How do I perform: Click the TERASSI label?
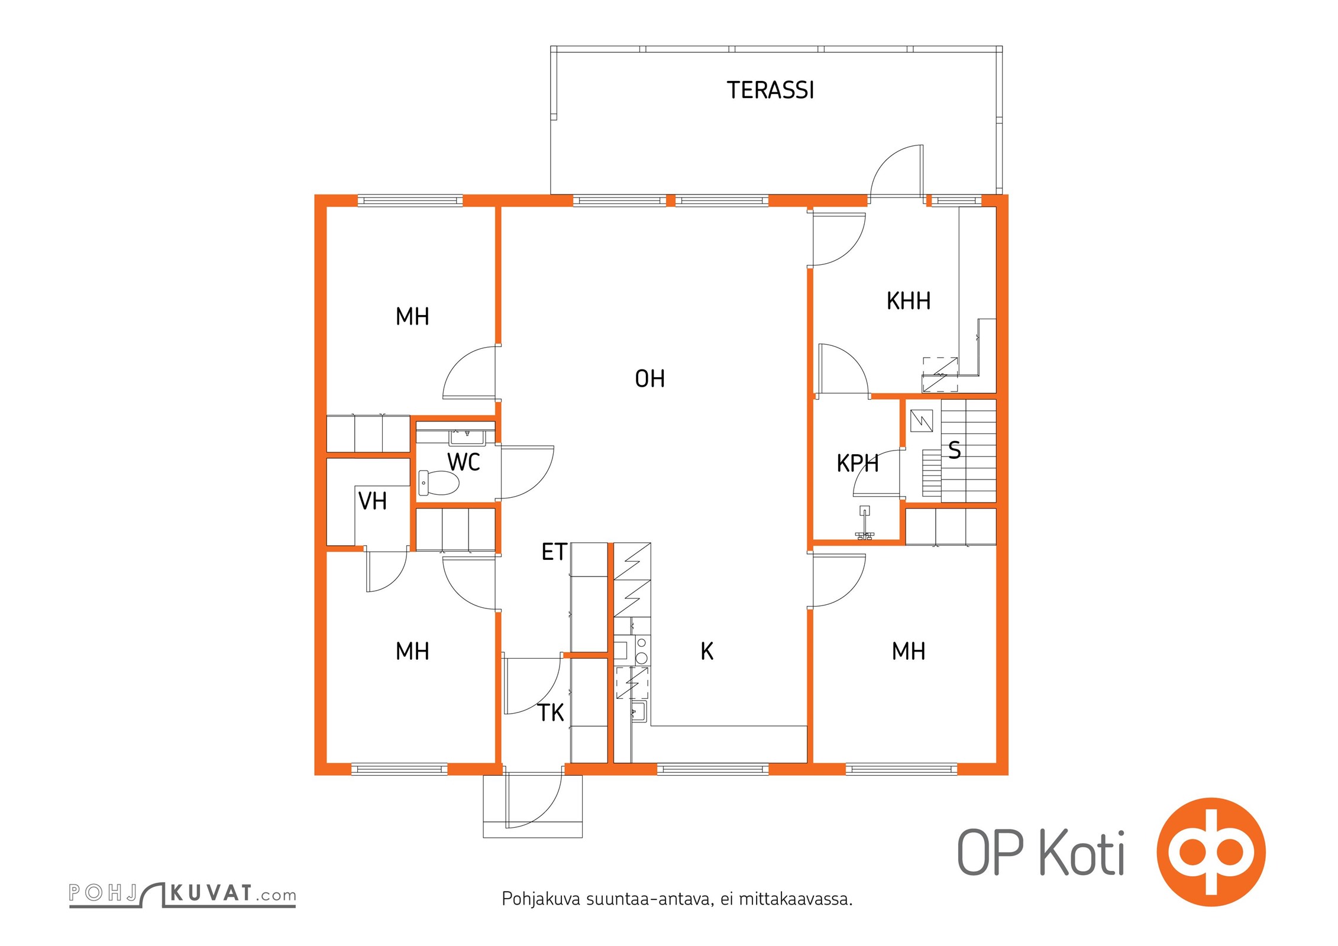(x=770, y=90)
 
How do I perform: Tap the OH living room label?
(x=649, y=379)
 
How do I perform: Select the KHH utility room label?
(x=909, y=302)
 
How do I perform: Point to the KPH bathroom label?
(x=858, y=464)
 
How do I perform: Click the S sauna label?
(x=954, y=451)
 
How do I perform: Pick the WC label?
(x=463, y=462)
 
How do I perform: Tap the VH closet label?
(x=373, y=501)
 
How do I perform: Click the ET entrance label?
(x=554, y=552)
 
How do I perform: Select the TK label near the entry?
(x=551, y=713)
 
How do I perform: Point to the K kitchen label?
(x=707, y=652)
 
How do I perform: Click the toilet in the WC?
(x=438, y=483)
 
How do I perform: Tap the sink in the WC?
(x=467, y=437)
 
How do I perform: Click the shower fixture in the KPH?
(x=865, y=523)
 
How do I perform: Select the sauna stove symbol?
(x=922, y=421)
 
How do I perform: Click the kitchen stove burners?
(x=642, y=650)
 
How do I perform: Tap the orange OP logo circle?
(x=1211, y=852)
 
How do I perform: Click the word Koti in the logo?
(x=1082, y=853)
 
